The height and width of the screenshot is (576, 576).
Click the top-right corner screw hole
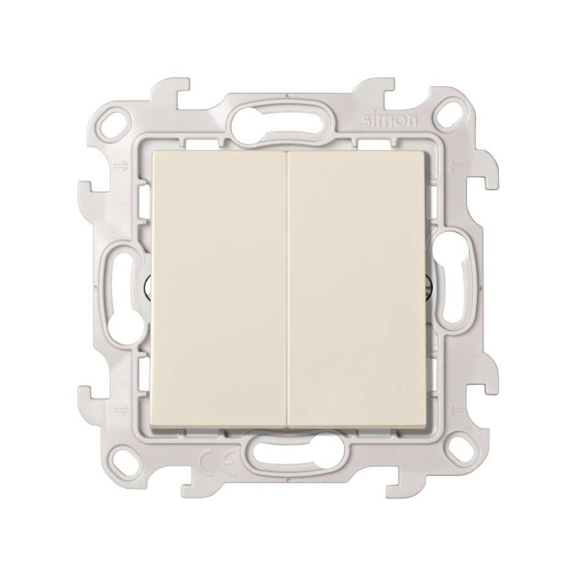[x=453, y=110]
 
